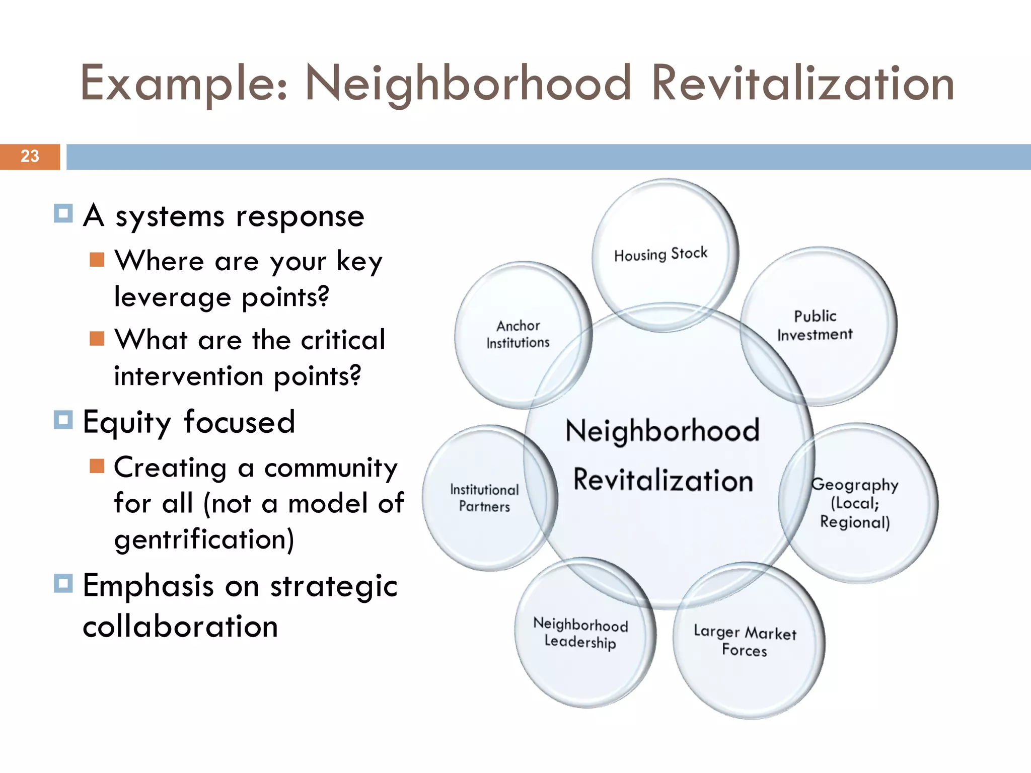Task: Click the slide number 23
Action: tap(30, 156)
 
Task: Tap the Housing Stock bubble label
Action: tap(660, 254)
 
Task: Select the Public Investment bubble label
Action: tap(815, 325)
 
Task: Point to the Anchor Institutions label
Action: tap(518, 334)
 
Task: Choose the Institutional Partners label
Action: tap(484, 498)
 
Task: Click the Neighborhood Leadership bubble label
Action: tap(580, 633)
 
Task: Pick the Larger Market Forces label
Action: tap(745, 641)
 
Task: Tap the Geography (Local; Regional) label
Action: tap(855, 503)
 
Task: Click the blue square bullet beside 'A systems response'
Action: tap(63, 213)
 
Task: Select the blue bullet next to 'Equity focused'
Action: tap(63, 419)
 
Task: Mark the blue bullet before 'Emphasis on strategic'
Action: tap(63, 583)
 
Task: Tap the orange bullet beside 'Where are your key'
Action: tap(97, 260)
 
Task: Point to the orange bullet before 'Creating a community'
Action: tap(97, 466)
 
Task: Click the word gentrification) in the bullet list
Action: tap(204, 539)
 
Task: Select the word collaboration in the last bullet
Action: tap(180, 627)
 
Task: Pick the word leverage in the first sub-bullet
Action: tap(172, 297)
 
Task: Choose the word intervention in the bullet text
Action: tap(189, 376)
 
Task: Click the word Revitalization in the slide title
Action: tap(802, 83)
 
